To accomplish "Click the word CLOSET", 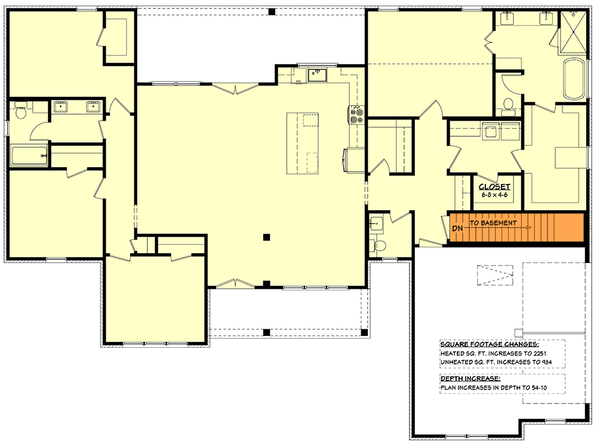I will (x=494, y=186).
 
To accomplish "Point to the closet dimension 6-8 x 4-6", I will (x=494, y=194).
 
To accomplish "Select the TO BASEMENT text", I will (x=493, y=223).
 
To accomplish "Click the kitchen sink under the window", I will (x=316, y=75).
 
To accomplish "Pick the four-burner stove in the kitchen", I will (x=357, y=114).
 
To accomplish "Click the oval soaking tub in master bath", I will (x=574, y=79).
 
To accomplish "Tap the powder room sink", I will (x=375, y=223).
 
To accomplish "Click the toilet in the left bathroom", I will (x=20, y=112).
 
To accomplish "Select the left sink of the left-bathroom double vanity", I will (x=60, y=107).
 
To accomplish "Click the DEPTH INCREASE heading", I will (x=470, y=379).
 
